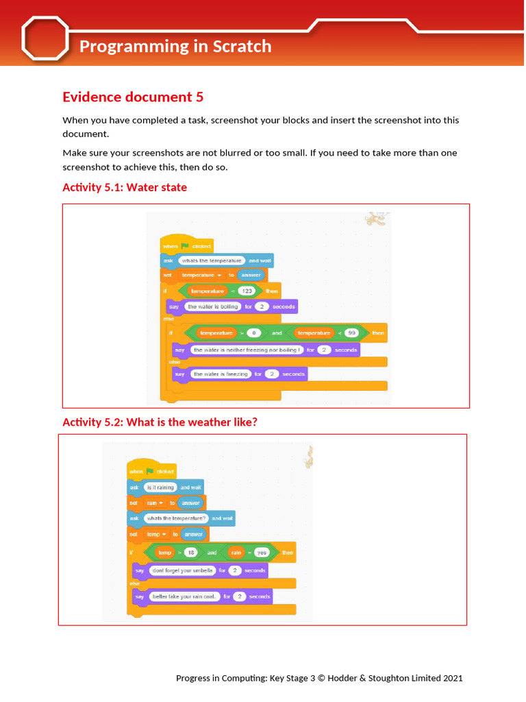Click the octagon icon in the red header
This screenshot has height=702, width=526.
46,38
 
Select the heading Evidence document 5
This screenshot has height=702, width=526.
133,97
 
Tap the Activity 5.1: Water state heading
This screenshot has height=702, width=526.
125,187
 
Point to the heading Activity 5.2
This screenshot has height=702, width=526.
160,422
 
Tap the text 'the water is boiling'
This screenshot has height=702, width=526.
213,306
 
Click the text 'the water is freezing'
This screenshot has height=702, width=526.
221,374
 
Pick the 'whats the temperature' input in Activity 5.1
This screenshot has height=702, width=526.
212,261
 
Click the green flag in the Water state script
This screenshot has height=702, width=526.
185,246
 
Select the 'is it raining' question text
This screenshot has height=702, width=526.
160,487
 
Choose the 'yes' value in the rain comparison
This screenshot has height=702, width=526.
261,553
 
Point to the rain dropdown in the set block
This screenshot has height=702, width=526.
155,503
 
